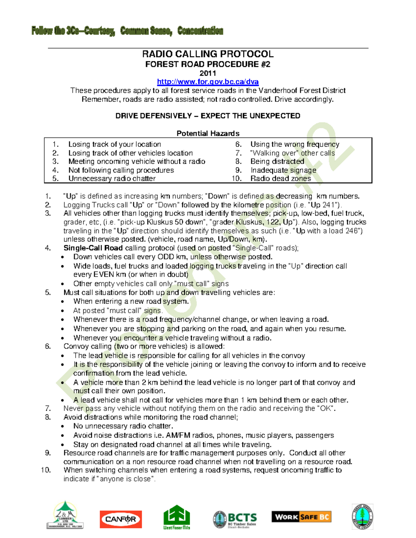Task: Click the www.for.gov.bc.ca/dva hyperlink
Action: [208, 82]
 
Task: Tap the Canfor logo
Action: [121, 519]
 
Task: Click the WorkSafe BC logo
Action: [301, 517]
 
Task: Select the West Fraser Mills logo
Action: [177, 517]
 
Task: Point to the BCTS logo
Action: [235, 519]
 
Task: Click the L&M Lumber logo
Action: [65, 515]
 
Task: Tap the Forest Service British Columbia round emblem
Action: [362, 517]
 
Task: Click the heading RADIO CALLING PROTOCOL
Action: [208, 54]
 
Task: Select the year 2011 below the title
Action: [208, 73]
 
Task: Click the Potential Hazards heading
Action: [208, 133]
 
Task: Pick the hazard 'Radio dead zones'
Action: [280, 179]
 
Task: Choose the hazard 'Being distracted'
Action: [277, 161]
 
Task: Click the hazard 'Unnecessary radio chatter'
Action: [112, 179]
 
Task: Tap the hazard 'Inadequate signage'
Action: [283, 170]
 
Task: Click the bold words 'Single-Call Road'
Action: [93, 248]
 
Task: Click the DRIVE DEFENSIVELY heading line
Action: [208, 116]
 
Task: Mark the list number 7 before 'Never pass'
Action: [48, 408]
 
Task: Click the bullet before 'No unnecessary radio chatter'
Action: [62, 426]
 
